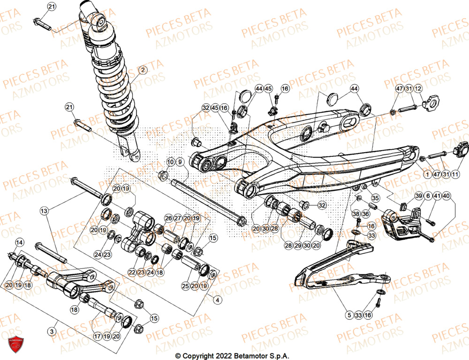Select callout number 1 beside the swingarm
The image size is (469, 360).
click(x=427, y=174)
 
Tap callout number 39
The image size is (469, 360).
click(x=418, y=196)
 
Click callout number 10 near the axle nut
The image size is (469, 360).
click(x=170, y=162)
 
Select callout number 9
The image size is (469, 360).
click(x=180, y=162)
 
